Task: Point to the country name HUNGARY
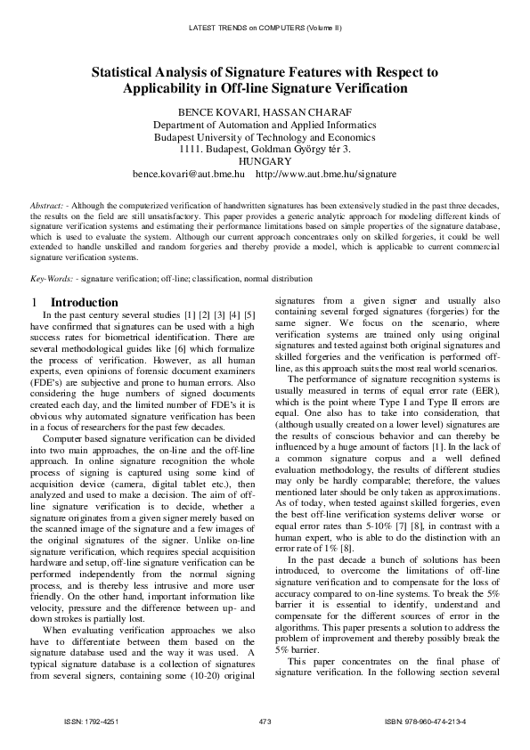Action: pos(265,162)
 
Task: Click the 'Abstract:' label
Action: pos(45,205)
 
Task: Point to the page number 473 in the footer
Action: pos(265,721)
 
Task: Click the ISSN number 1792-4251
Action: pos(102,721)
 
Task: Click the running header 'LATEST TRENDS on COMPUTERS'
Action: pos(250,28)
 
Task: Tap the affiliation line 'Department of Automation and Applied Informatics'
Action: pos(265,125)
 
